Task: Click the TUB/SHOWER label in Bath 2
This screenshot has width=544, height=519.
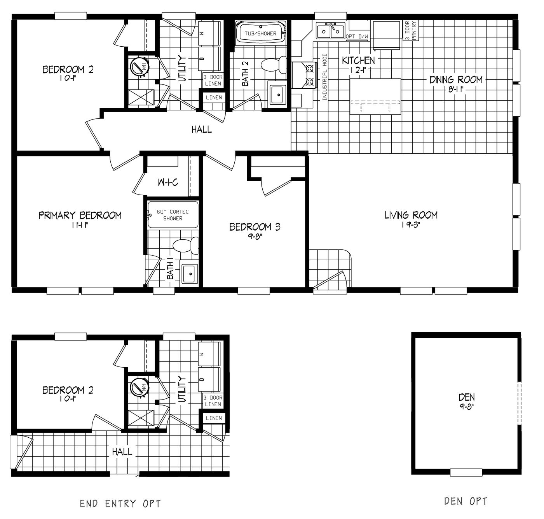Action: coord(260,33)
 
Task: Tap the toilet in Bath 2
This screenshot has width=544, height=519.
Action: coord(272,65)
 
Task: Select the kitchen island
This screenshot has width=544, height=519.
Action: coord(375,96)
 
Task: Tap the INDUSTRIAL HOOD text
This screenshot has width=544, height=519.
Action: coord(325,77)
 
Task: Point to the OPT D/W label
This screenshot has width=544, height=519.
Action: coord(357,37)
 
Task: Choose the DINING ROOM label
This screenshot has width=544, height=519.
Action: coord(456,80)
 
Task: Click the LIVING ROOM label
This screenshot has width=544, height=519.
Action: coord(411,215)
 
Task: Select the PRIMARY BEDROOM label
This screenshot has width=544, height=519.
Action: coord(80,216)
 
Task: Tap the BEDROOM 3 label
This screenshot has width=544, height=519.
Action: coord(255,227)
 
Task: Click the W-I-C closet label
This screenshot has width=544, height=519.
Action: coord(168,182)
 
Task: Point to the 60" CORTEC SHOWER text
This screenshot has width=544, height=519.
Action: coord(173,215)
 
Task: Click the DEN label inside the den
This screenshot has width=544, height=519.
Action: coord(466,397)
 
